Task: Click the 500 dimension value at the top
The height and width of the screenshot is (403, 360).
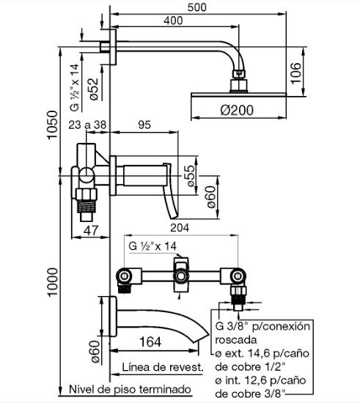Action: pyautogui.click(x=196, y=7)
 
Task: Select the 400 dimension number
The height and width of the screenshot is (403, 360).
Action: pyautogui.click(x=173, y=21)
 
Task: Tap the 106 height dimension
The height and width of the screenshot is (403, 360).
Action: pyautogui.click(x=295, y=73)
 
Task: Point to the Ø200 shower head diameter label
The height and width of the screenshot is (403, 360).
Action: pyautogui.click(x=237, y=110)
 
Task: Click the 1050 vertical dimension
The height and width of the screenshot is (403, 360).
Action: pyautogui.click(x=52, y=125)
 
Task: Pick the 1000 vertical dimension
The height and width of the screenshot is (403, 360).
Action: pyautogui.click(x=52, y=282)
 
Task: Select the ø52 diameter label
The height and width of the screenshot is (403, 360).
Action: pyautogui.click(x=93, y=89)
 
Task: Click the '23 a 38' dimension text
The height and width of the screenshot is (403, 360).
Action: pyautogui.click(x=87, y=125)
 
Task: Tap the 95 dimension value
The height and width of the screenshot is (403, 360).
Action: pyautogui.click(x=144, y=125)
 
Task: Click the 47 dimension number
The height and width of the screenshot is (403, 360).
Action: pyautogui.click(x=91, y=230)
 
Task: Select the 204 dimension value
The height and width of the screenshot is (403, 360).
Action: pyautogui.click(x=179, y=228)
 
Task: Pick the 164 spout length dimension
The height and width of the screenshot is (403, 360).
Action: pyautogui.click(x=150, y=342)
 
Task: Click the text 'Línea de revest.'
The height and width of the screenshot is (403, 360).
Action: pyautogui.click(x=163, y=367)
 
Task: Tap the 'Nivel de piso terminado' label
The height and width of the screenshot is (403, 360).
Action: pyautogui.click(x=130, y=389)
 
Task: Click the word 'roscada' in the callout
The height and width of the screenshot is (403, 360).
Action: pyautogui.click(x=236, y=340)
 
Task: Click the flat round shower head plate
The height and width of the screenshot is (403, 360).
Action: pyautogui.click(x=238, y=95)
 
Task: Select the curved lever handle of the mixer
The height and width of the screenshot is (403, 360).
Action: pyautogui.click(x=171, y=191)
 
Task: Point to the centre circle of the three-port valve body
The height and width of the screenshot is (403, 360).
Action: pyautogui.click(x=181, y=276)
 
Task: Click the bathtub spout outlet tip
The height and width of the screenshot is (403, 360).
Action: pyautogui.click(x=201, y=338)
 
